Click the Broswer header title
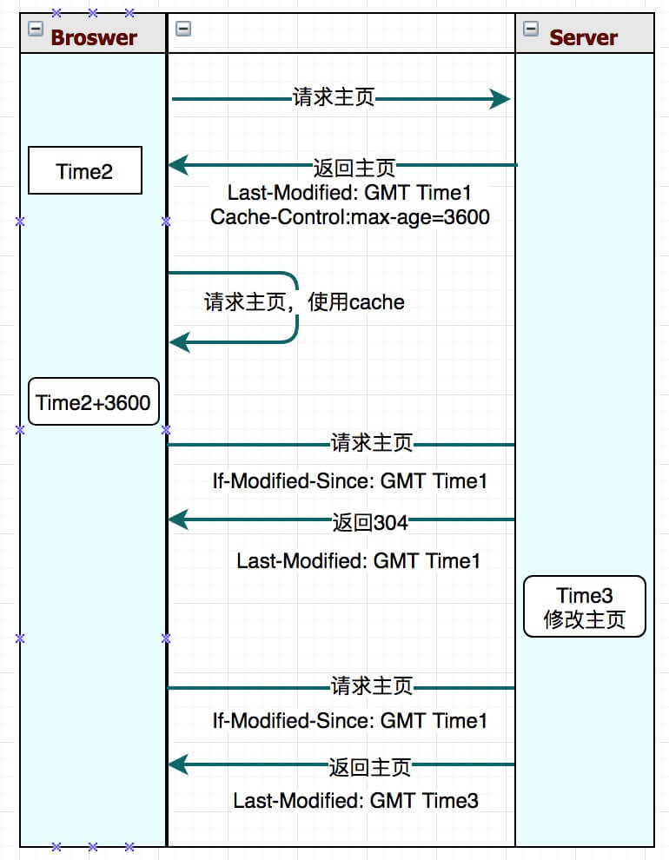pyautogui.click(x=94, y=37)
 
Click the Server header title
pyautogui.click(x=583, y=37)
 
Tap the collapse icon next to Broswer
pyautogui.click(x=36, y=29)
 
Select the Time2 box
pyautogui.click(x=85, y=170)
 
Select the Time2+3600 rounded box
pyautogui.click(x=94, y=402)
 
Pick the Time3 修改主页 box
pyautogui.click(x=584, y=606)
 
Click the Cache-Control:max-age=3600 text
pyautogui.click(x=350, y=217)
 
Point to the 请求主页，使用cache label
pyautogui.click(x=304, y=302)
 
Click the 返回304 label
pyautogui.click(x=369, y=522)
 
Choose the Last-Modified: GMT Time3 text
pyautogui.click(x=355, y=800)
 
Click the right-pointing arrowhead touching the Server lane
pyautogui.click(x=500, y=99)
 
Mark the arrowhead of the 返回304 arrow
pyautogui.click(x=177, y=520)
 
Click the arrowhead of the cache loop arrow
pyautogui.click(x=177, y=343)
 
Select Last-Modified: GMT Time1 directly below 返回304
pyautogui.click(x=358, y=561)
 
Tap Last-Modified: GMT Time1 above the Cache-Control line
pyautogui.click(x=350, y=192)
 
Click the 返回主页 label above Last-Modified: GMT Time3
pyautogui.click(x=369, y=766)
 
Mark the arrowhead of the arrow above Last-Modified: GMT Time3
pyautogui.click(x=177, y=764)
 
